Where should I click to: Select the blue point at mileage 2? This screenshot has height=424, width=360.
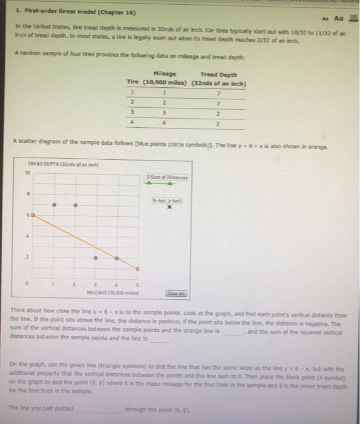pos(75,205)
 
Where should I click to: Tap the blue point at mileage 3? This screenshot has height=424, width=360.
pos(95,258)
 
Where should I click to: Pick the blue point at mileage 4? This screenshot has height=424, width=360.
pos(116,258)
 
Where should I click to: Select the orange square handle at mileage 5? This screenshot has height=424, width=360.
pos(138,268)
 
